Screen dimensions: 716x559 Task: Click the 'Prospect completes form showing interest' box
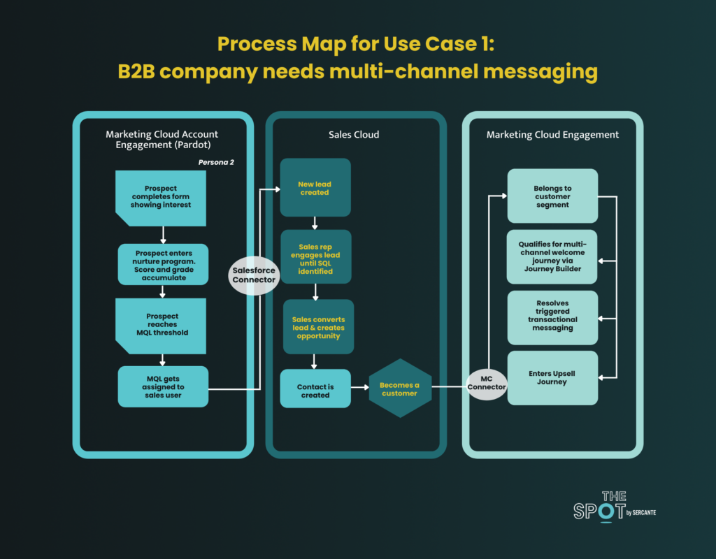pyautogui.click(x=161, y=198)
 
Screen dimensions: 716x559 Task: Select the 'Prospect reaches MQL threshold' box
pyautogui.click(x=161, y=326)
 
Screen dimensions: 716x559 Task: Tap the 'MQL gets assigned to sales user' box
pyautogui.click(x=163, y=386)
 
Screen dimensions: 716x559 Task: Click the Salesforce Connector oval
pyautogui.click(x=254, y=275)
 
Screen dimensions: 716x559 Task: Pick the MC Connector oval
pyautogui.click(x=487, y=384)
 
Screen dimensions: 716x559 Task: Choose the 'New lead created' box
pyautogui.click(x=315, y=187)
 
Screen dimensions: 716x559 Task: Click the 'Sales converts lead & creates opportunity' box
pyautogui.click(x=318, y=327)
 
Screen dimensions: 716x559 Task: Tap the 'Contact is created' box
pyautogui.click(x=315, y=389)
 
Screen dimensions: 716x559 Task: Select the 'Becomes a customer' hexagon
pyautogui.click(x=400, y=389)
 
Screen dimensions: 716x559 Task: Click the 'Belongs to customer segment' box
pyautogui.click(x=552, y=196)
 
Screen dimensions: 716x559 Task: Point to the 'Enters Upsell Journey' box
pyautogui.click(x=552, y=378)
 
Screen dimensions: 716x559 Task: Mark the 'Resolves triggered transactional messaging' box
pyautogui.click(x=552, y=318)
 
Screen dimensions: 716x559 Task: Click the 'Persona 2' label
pyautogui.click(x=216, y=162)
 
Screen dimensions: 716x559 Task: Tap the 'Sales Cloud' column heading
pyautogui.click(x=354, y=135)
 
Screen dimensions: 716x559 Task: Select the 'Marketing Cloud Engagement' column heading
pyautogui.click(x=552, y=135)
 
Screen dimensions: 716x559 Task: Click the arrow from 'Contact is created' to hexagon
pyautogui.click(x=360, y=387)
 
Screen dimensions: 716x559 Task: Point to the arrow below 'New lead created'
pyautogui.click(x=315, y=223)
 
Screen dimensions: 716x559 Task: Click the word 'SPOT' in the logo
pyautogui.click(x=599, y=511)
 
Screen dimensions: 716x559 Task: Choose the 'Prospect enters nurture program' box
pyautogui.click(x=163, y=264)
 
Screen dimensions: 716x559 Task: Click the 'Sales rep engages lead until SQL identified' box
pyautogui.click(x=315, y=257)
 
